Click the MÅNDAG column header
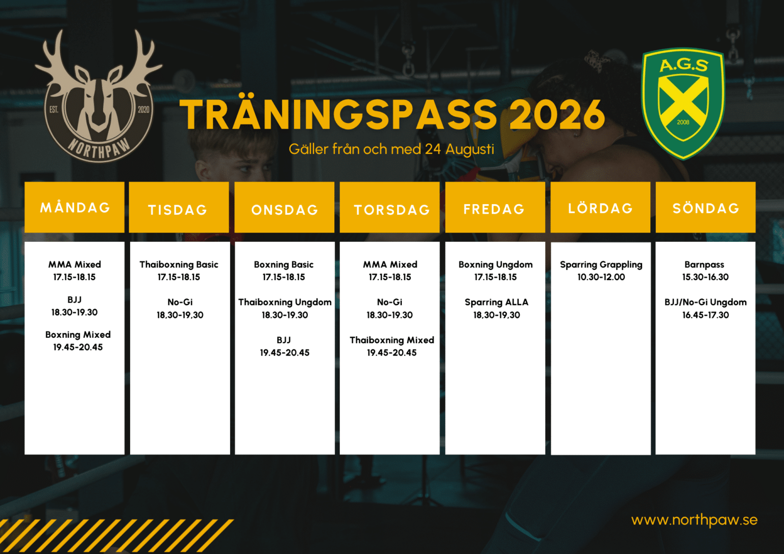[75, 207]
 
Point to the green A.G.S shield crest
[683, 104]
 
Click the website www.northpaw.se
[694, 520]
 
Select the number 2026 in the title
[557, 114]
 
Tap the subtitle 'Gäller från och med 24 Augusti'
[391, 149]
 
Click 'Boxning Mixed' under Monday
[78, 335]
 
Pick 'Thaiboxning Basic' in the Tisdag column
[179, 264]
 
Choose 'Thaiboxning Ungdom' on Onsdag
[285, 302]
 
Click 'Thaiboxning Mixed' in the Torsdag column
[392, 340]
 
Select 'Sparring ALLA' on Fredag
[497, 302]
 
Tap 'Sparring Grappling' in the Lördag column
[601, 265]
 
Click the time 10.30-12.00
[601, 277]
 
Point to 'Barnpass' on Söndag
[704, 265]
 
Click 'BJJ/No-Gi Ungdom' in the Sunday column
[705, 302]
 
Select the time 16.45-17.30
[705, 315]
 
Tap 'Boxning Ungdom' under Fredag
[496, 265]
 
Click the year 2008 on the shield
[683, 122]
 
